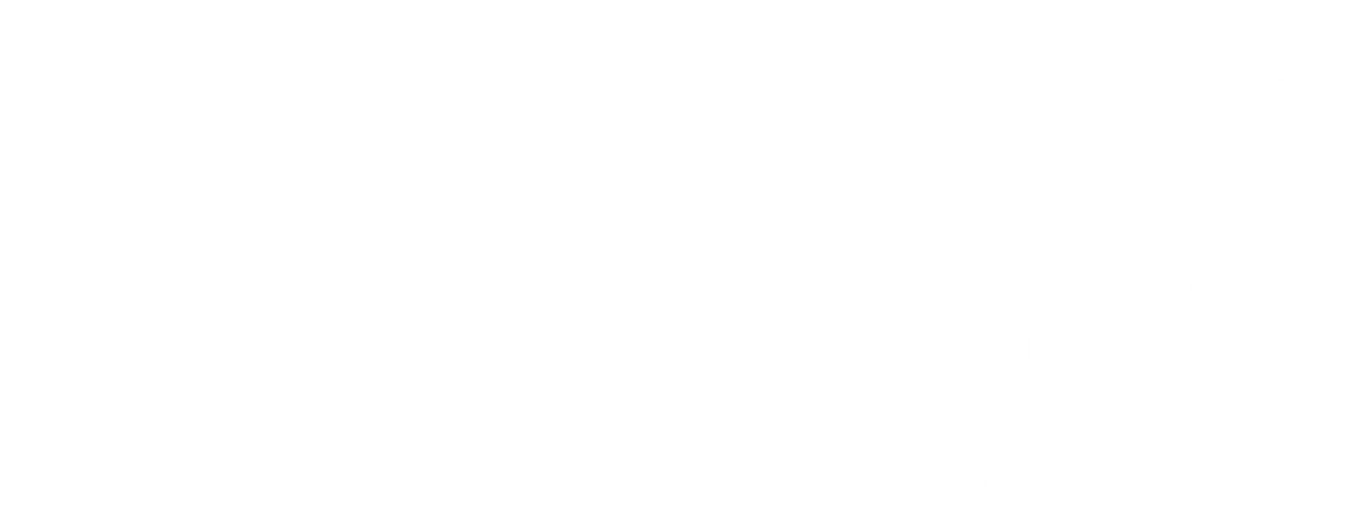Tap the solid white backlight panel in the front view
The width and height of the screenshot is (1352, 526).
click(659, 326)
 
